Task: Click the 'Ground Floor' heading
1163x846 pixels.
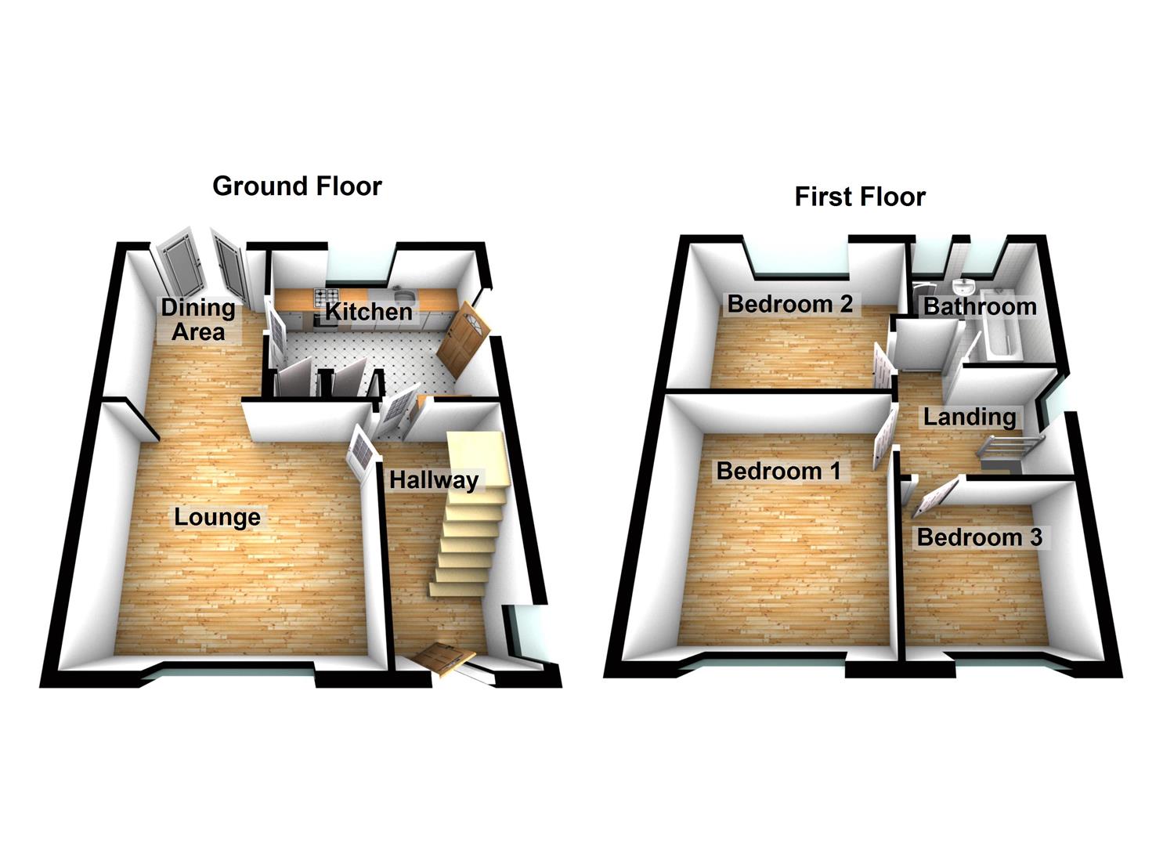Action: coord(297,186)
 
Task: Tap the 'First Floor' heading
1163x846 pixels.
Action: coord(860,197)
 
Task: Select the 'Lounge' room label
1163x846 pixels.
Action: coord(217,517)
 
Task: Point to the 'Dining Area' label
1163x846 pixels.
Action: coord(198,320)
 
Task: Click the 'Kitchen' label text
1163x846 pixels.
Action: coord(368,312)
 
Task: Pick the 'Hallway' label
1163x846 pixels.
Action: coord(433,479)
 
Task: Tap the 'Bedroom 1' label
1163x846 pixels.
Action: coord(778,471)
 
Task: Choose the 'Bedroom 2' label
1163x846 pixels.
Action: coord(789,304)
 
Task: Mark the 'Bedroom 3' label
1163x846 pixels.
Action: coord(979,537)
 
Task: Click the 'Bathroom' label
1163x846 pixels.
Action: coord(980,306)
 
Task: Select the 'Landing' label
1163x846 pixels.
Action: coord(969,417)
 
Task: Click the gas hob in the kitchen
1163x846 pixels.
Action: coord(323,297)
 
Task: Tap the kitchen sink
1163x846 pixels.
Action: coord(405,295)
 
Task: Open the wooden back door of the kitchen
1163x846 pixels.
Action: coord(462,341)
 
